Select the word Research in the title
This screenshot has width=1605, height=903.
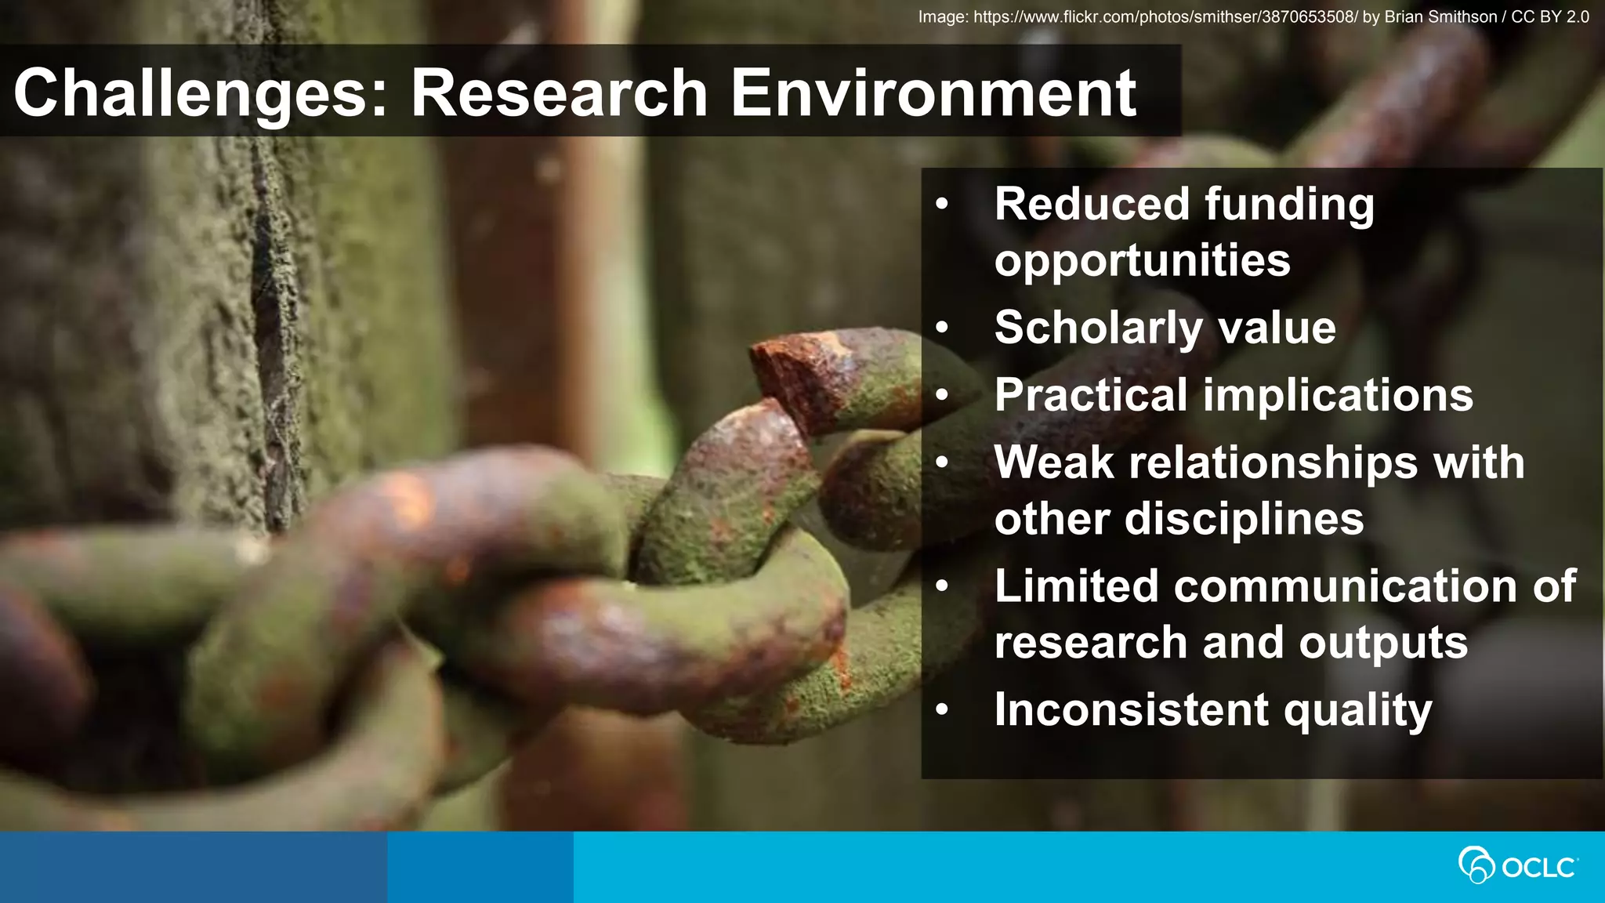click(x=560, y=92)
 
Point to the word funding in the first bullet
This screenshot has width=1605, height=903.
click(x=1289, y=205)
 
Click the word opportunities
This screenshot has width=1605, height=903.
click(x=1142, y=260)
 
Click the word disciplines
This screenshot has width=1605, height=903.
click(x=1244, y=519)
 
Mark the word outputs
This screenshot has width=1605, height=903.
click(x=1383, y=643)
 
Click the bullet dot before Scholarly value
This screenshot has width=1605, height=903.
click(x=942, y=328)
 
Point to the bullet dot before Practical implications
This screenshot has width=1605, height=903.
click(x=942, y=396)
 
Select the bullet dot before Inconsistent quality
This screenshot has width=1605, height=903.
click(x=942, y=710)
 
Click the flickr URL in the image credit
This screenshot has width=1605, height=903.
click(x=1165, y=16)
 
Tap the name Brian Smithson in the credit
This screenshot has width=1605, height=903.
click(x=1440, y=16)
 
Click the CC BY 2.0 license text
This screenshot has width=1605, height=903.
click(x=1549, y=16)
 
